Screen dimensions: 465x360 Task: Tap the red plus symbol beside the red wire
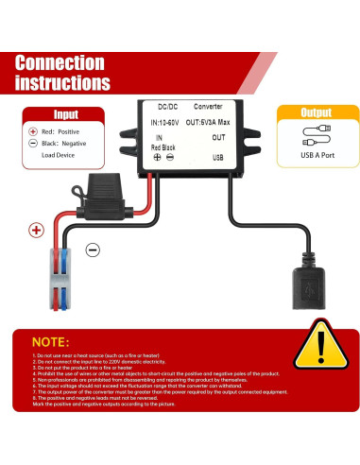[36, 229]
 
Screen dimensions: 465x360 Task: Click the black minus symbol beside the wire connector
[93, 250]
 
